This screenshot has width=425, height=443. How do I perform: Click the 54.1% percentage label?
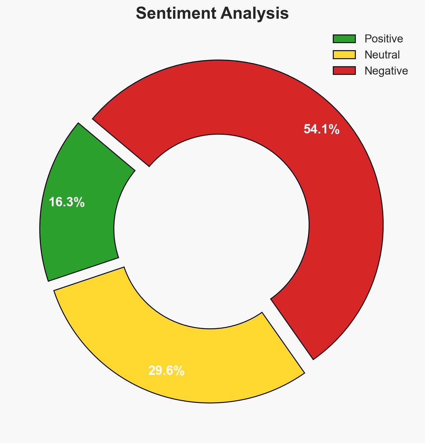click(x=321, y=129)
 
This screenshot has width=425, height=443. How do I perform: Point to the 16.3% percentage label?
click(x=66, y=202)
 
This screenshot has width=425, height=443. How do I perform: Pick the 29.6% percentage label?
click(x=166, y=371)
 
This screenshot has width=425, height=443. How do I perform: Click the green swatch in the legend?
click(x=344, y=39)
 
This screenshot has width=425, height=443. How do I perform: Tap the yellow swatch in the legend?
click(x=344, y=54)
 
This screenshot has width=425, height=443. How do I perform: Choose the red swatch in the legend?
click(x=344, y=71)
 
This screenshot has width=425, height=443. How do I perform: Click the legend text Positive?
click(x=384, y=39)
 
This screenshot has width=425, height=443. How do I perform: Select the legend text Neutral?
click(x=382, y=54)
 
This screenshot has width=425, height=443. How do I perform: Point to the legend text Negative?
click(x=386, y=71)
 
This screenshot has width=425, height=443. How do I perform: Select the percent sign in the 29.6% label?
click(x=179, y=371)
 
